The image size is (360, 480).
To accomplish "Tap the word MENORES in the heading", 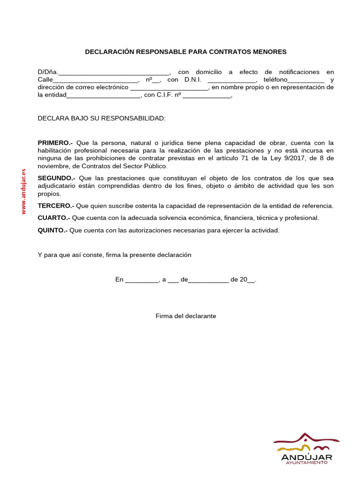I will [269, 52].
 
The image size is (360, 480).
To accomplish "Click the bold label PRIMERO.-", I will [55, 142].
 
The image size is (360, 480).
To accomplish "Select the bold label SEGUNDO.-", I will [56, 178].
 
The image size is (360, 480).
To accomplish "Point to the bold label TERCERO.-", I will [56, 206].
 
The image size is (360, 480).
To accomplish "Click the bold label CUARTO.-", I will [54, 218].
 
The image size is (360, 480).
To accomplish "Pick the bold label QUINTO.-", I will [52, 230].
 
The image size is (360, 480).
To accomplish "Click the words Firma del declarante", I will [186, 316].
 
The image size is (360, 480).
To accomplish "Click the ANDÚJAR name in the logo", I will [307, 457].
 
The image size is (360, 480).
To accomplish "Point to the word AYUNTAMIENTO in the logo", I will [307, 463].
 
